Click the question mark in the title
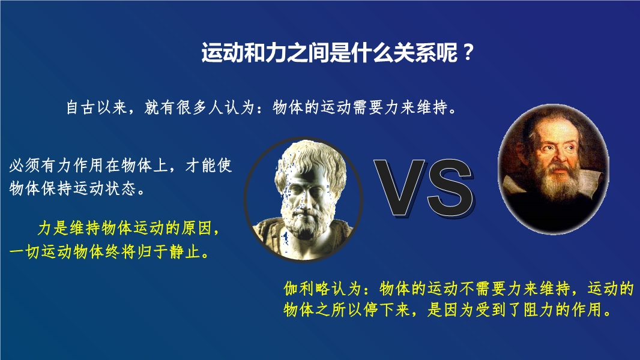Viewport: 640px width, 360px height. [x=468, y=53]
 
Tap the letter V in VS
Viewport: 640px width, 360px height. [x=400, y=188]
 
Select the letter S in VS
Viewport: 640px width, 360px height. [x=450, y=188]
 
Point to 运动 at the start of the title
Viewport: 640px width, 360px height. [x=223, y=53]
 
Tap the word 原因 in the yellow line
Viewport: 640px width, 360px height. [x=197, y=228]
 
